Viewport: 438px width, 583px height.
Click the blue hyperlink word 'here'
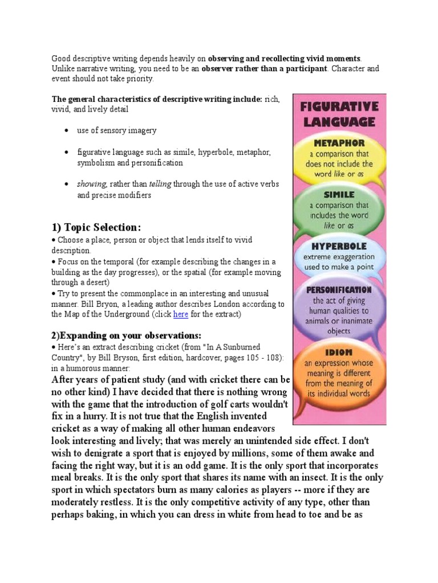pos(181,314)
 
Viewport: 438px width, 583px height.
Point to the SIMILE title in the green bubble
pos(340,195)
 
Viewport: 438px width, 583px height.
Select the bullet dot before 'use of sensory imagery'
pos(66,131)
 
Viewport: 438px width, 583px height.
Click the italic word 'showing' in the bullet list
pos(92,184)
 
